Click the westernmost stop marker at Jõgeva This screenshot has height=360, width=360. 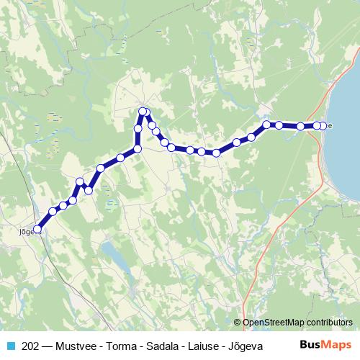(x=37, y=230)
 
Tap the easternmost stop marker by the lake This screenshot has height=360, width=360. (x=323, y=126)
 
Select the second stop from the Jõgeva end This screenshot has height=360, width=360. (x=53, y=212)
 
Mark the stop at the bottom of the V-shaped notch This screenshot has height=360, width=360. (x=89, y=190)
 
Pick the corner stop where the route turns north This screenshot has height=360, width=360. (x=138, y=149)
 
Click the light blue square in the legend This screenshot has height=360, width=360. (x=10, y=346)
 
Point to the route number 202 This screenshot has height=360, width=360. (x=30, y=346)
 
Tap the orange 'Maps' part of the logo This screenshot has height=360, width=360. (x=338, y=345)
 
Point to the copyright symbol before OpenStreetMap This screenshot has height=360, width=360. (x=237, y=322)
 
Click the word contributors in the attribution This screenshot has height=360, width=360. (x=328, y=322)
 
